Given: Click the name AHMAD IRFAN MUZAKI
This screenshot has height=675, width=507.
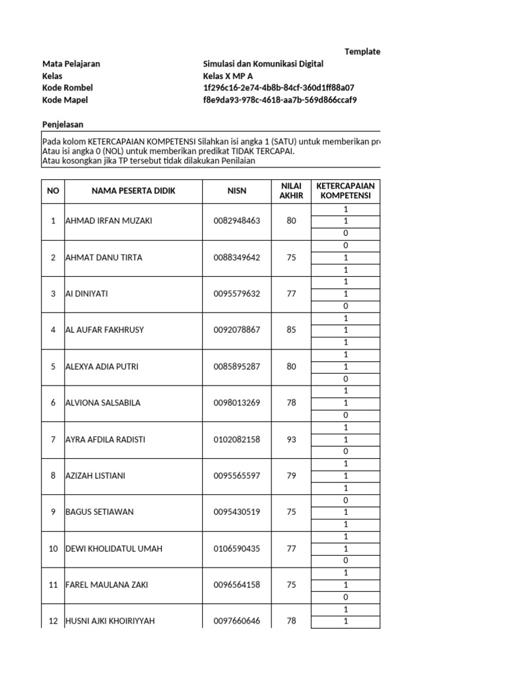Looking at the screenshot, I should [x=109, y=221].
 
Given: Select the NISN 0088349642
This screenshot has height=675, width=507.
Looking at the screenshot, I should [x=237, y=258].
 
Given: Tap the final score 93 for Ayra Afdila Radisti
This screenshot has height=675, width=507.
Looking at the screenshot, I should [x=292, y=440].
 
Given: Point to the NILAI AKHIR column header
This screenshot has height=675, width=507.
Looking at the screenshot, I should [x=292, y=191].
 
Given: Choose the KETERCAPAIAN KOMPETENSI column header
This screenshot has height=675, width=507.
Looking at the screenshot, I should [x=345, y=191].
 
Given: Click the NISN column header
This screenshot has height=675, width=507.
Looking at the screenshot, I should [x=237, y=191].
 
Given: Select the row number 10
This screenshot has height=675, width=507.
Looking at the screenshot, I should [x=53, y=548].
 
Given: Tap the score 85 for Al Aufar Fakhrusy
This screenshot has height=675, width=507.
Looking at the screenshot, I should [x=292, y=330].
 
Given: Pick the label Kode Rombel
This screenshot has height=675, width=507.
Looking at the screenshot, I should [x=67, y=88].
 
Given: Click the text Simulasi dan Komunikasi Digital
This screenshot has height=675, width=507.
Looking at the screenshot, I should [x=263, y=64].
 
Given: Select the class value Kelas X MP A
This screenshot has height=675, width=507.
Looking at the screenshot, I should [x=228, y=76].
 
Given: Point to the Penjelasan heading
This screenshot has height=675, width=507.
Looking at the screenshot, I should [x=63, y=124].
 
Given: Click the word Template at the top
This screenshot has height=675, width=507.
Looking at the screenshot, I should [x=362, y=51].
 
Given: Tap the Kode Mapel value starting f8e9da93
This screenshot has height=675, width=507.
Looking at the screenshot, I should [x=280, y=100].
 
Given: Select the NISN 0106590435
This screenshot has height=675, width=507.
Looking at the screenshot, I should [x=237, y=548].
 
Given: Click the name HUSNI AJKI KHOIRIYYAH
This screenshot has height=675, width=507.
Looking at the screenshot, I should [x=110, y=621].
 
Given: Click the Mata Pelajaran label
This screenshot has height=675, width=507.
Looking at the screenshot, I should [x=71, y=64].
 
